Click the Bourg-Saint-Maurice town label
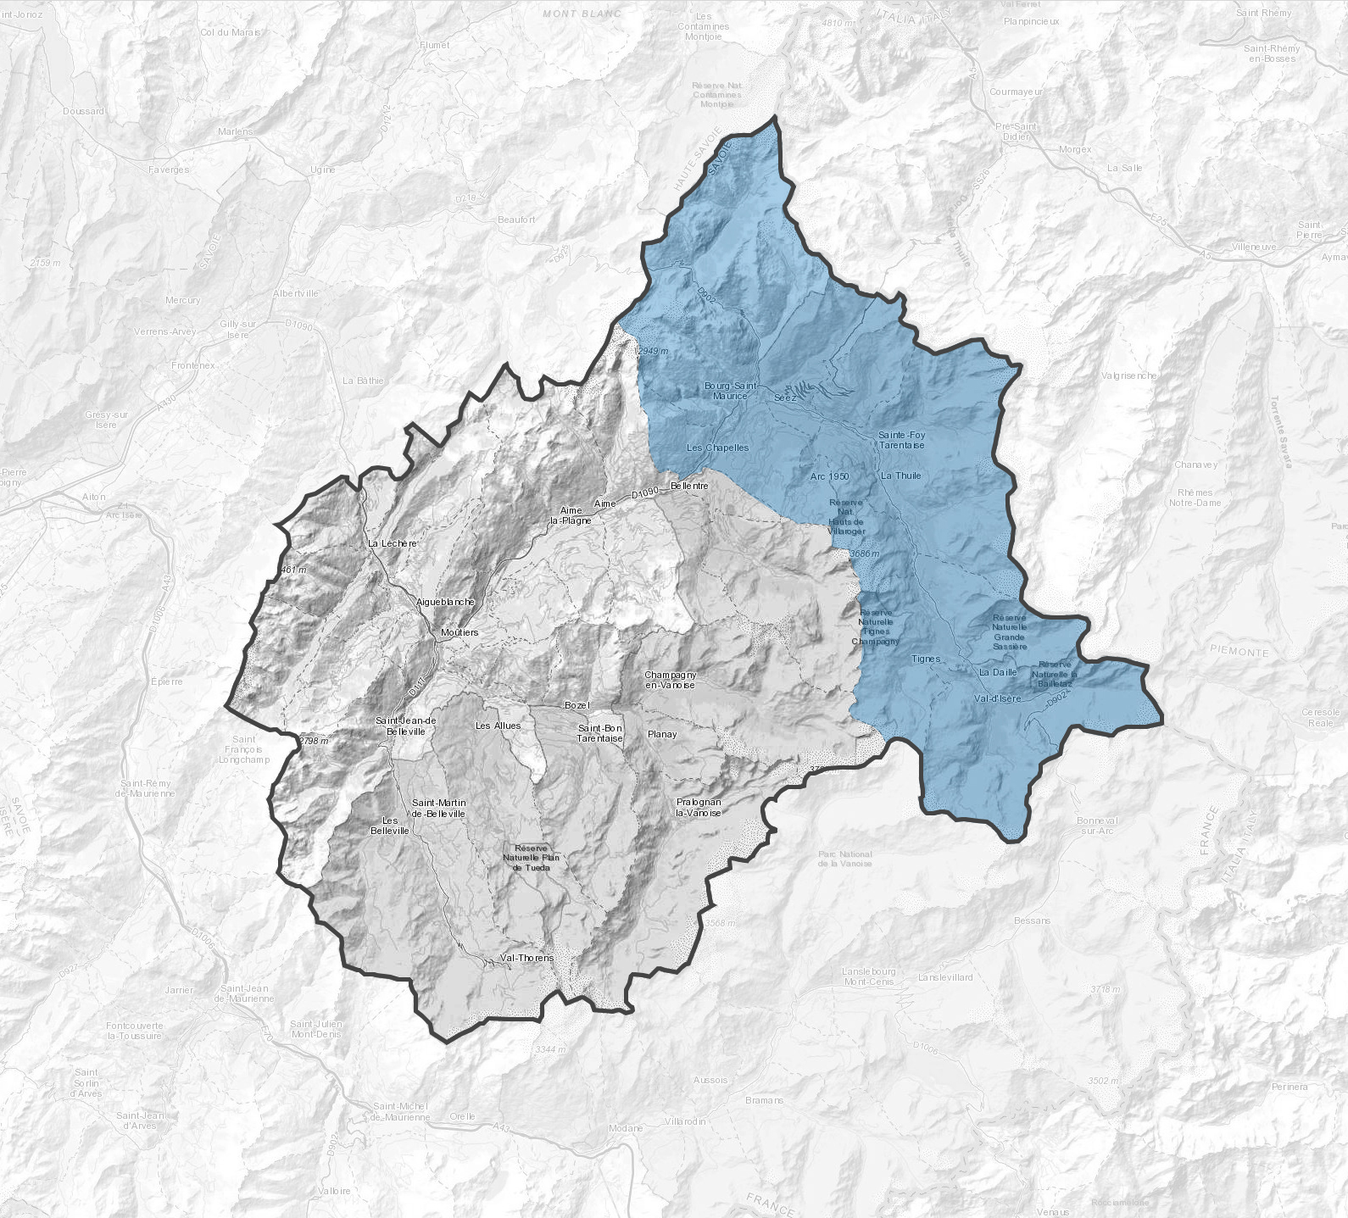tap(729, 391)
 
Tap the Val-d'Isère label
tap(998, 698)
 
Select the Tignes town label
tap(926, 659)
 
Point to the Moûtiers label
tap(460, 632)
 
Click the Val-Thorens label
tap(526, 958)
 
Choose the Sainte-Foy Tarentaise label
tap(901, 440)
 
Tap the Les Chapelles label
tap(717, 448)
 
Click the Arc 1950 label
tap(829, 476)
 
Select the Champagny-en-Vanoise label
tap(670, 680)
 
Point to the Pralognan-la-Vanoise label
tap(699, 807)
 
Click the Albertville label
tap(295, 293)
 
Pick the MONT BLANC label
tap(582, 14)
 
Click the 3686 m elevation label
tap(864, 553)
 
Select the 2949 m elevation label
tap(653, 351)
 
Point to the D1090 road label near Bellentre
tap(645, 492)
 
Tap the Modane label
tap(626, 1128)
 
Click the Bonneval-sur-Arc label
tap(1097, 826)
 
